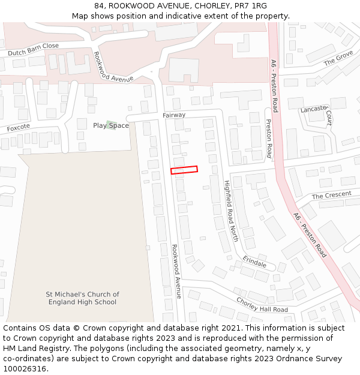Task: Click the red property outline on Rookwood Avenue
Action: click(x=184, y=170)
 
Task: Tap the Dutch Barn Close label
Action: click(x=33, y=49)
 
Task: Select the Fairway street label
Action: click(x=174, y=115)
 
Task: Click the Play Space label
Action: click(x=110, y=125)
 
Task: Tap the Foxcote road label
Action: click(x=18, y=128)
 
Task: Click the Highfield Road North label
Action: click(x=230, y=210)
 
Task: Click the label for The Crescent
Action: click(x=331, y=196)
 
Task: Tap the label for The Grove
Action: click(x=338, y=59)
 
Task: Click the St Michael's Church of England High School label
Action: click(x=82, y=298)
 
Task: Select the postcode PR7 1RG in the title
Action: click(x=251, y=5)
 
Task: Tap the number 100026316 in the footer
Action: click(x=25, y=368)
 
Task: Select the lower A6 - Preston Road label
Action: click(x=310, y=235)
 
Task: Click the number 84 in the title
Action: click(x=99, y=5)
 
